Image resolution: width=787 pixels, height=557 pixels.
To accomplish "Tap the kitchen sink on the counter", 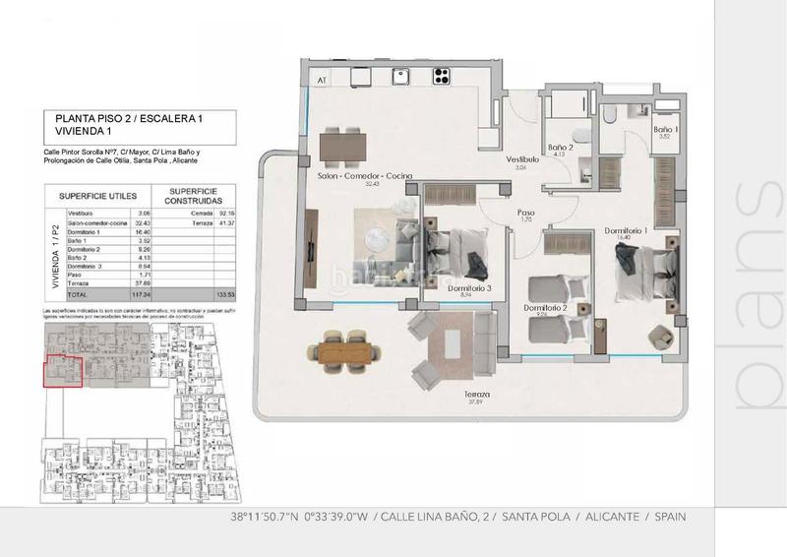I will [399, 77].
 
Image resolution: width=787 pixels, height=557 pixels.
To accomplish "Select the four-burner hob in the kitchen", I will [441, 76].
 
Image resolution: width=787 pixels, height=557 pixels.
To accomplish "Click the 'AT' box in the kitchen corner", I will [321, 79].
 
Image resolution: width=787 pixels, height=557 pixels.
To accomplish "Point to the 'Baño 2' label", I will [560, 147].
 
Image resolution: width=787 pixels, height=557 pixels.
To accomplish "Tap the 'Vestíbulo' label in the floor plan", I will [522, 158].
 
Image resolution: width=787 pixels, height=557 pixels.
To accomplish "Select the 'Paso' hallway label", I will [526, 212].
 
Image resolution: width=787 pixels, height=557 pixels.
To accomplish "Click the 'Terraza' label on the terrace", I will [479, 394].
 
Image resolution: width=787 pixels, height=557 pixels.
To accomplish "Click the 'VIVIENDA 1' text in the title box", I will [83, 131].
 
